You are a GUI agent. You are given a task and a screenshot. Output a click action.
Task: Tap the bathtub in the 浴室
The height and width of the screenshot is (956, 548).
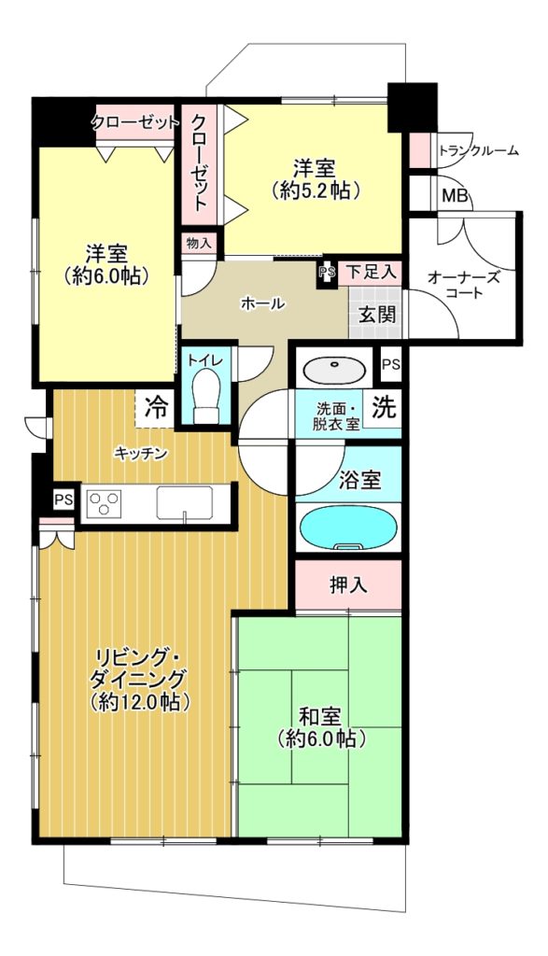(x=348, y=528)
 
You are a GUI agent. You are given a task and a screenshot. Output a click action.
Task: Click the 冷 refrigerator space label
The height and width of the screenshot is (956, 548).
(x=157, y=407)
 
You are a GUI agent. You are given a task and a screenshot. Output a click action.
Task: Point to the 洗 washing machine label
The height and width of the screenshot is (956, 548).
(x=385, y=407)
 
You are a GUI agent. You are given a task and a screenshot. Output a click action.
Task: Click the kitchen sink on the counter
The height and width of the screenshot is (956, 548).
(x=184, y=503)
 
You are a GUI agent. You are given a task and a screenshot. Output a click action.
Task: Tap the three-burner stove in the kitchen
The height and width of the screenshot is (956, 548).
(x=105, y=503)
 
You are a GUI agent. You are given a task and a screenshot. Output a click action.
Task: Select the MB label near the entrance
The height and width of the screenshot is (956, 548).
(x=455, y=196)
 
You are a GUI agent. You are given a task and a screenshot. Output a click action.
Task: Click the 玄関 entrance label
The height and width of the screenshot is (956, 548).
(x=377, y=315)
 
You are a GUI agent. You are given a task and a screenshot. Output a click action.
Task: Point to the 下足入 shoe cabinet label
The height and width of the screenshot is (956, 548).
(x=372, y=272)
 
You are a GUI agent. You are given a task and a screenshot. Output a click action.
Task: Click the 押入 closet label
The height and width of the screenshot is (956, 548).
(x=348, y=586)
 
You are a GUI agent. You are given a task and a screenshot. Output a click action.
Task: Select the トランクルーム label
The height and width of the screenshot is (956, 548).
(x=479, y=150)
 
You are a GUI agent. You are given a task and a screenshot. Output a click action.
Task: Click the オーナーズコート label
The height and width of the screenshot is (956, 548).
(x=464, y=286)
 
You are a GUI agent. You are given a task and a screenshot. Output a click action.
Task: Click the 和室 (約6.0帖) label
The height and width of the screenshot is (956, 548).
(x=320, y=727)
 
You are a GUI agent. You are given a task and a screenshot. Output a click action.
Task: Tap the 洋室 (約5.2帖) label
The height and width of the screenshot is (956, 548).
(x=315, y=178)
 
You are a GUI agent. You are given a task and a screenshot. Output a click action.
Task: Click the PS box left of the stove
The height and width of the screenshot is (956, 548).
(x=63, y=500)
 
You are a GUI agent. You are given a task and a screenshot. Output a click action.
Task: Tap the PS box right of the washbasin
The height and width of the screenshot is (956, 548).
(x=391, y=365)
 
